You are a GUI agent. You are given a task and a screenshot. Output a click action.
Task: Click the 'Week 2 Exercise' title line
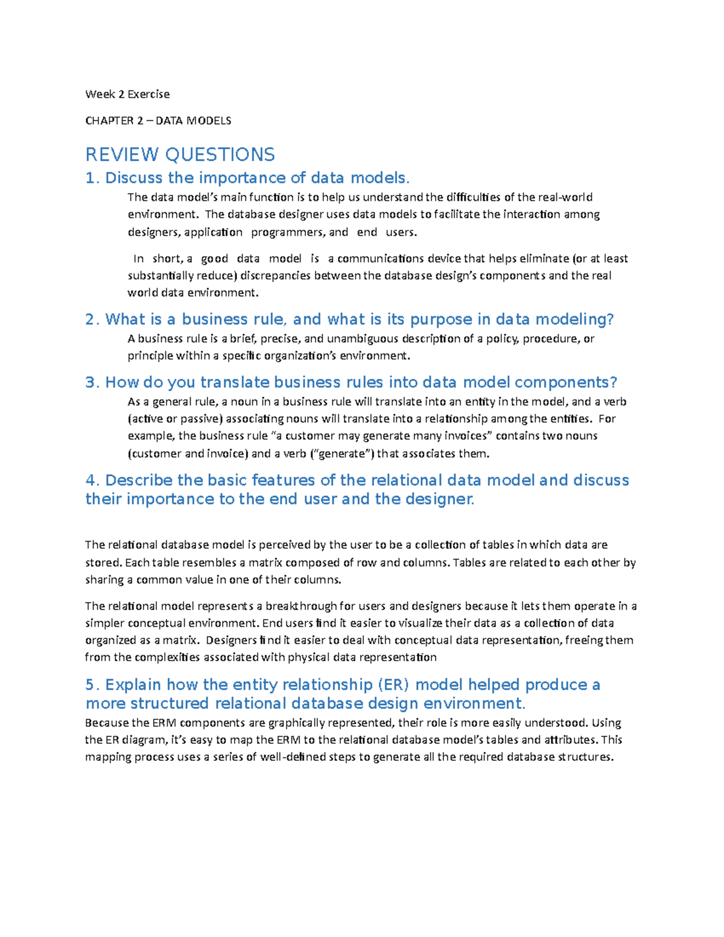(x=127, y=94)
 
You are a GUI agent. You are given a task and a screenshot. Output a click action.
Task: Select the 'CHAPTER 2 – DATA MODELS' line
(x=158, y=121)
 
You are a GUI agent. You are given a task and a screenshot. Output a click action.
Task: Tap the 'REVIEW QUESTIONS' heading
(x=180, y=154)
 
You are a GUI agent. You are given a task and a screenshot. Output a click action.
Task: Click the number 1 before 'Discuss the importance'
(x=91, y=178)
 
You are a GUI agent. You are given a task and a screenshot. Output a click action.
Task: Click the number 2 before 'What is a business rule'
(x=91, y=319)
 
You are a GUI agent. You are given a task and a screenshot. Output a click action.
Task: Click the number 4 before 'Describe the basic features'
(x=91, y=480)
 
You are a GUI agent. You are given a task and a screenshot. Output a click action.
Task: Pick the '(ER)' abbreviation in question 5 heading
(x=393, y=685)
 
